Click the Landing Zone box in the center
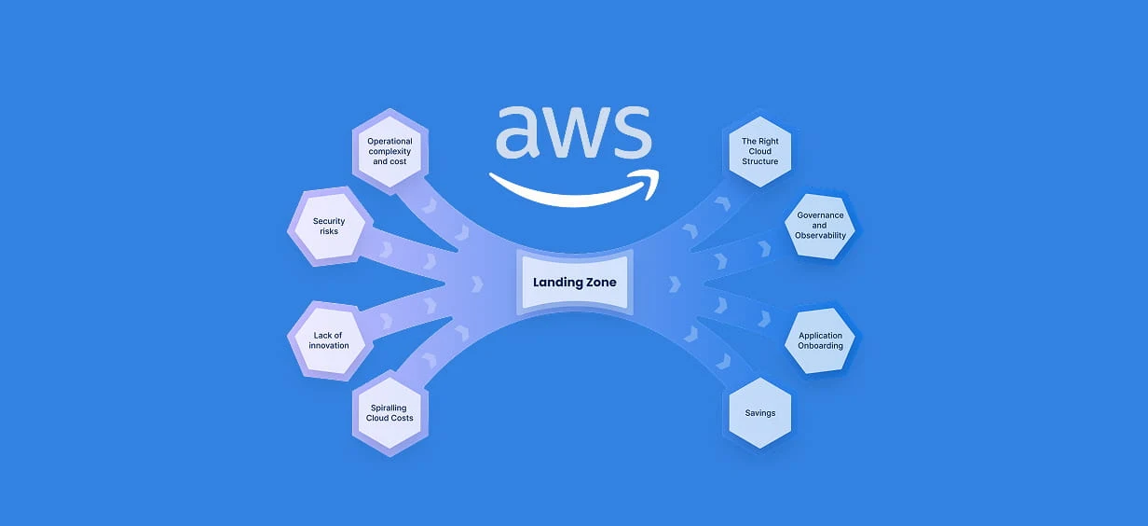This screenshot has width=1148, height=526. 574,281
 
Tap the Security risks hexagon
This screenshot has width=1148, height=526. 329,226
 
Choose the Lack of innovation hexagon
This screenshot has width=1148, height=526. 329,340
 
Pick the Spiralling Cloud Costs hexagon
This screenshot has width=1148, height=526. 389,412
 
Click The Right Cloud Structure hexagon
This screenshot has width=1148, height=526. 759,151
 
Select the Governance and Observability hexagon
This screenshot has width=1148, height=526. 820,225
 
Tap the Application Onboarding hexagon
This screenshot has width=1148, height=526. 820,340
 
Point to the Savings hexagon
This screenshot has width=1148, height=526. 759,412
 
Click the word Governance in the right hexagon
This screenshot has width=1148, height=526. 820,215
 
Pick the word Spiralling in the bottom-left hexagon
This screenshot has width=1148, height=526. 389,408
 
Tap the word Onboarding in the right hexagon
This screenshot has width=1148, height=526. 820,346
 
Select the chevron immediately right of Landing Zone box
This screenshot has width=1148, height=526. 673,283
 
